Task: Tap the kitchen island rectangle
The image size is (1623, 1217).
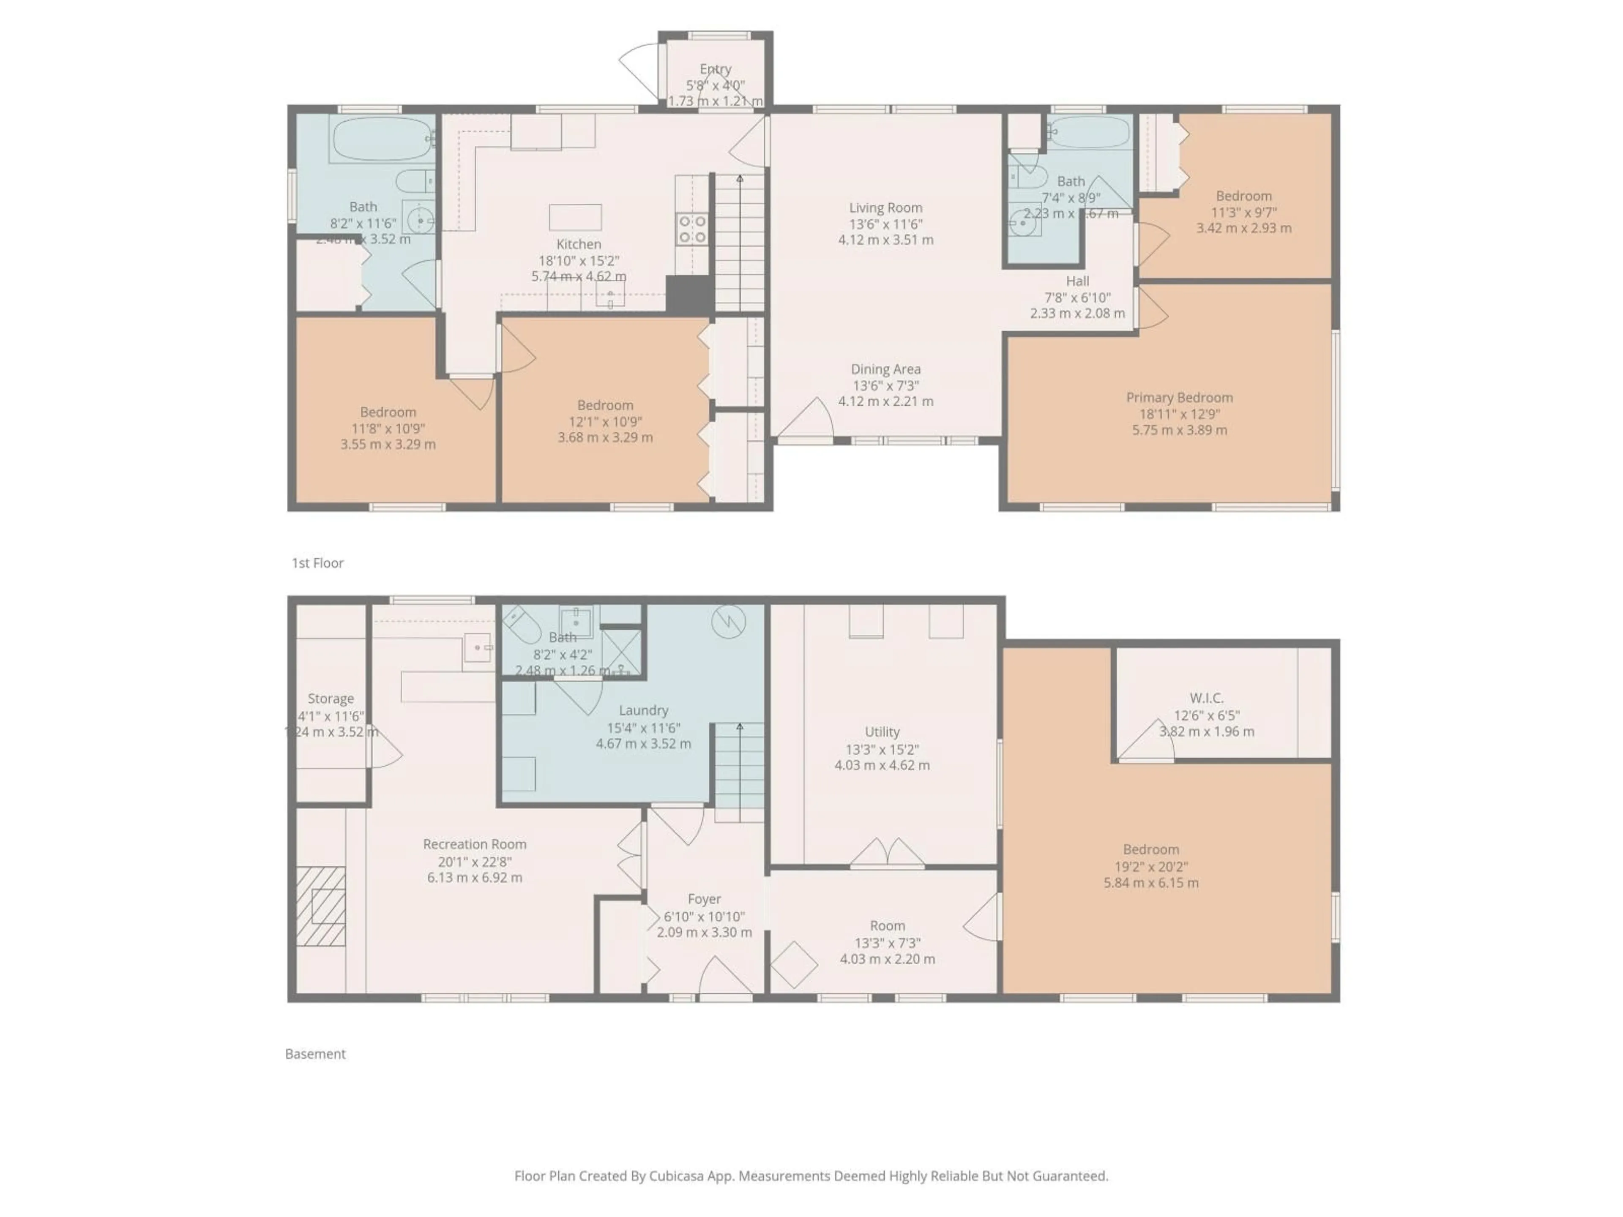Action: (x=575, y=218)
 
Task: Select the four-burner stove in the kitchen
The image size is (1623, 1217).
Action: (x=691, y=228)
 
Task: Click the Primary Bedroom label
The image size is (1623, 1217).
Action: (x=1179, y=398)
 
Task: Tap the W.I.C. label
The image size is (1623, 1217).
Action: (x=1206, y=699)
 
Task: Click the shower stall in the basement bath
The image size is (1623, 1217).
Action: (x=621, y=652)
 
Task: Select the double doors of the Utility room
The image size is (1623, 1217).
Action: (x=887, y=853)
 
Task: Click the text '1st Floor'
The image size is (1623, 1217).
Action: (x=318, y=563)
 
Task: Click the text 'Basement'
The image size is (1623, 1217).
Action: (x=315, y=1053)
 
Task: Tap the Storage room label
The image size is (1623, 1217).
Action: (x=330, y=699)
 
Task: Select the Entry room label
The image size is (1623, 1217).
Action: (x=716, y=69)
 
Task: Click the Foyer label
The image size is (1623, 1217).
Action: (x=705, y=899)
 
